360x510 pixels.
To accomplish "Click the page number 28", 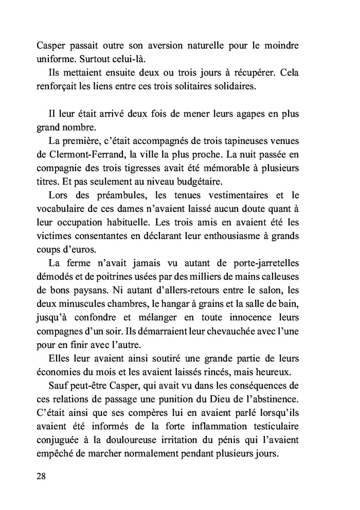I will pos(42,476).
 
